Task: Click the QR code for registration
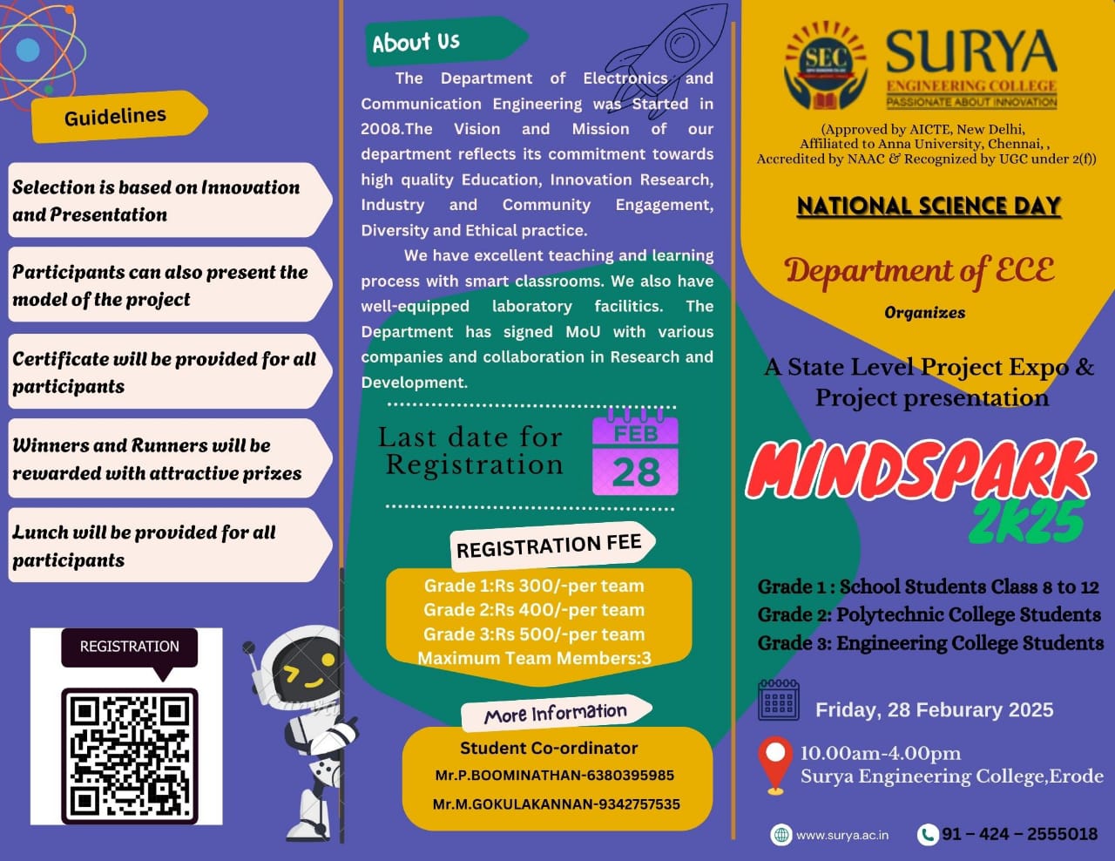129,755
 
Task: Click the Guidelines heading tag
116,116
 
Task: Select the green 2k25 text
1028,521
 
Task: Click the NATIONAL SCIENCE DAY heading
929,206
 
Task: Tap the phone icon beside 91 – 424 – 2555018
928,835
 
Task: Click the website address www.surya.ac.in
842,835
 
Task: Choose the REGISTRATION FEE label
549,546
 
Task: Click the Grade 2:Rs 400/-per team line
534,610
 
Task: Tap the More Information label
555,714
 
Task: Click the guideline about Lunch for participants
144,546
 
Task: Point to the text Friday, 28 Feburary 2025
934,710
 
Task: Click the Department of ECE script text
919,271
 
